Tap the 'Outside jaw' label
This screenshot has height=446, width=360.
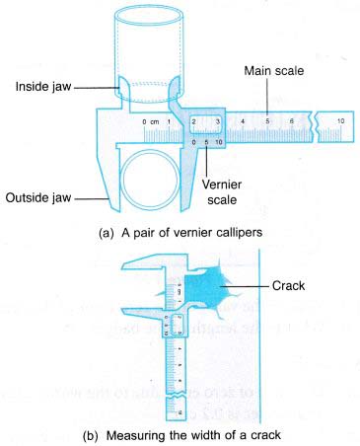pos(44,194)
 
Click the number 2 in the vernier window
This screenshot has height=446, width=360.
pos(193,121)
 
